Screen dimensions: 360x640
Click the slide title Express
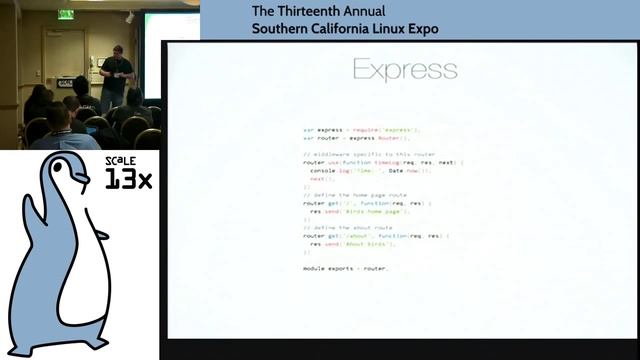tap(405, 69)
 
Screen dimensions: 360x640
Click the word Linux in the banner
tap(391, 28)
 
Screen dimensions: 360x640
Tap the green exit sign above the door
tap(66, 14)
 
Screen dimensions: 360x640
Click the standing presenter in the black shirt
tap(114, 75)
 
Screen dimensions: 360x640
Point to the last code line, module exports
tap(344, 269)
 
